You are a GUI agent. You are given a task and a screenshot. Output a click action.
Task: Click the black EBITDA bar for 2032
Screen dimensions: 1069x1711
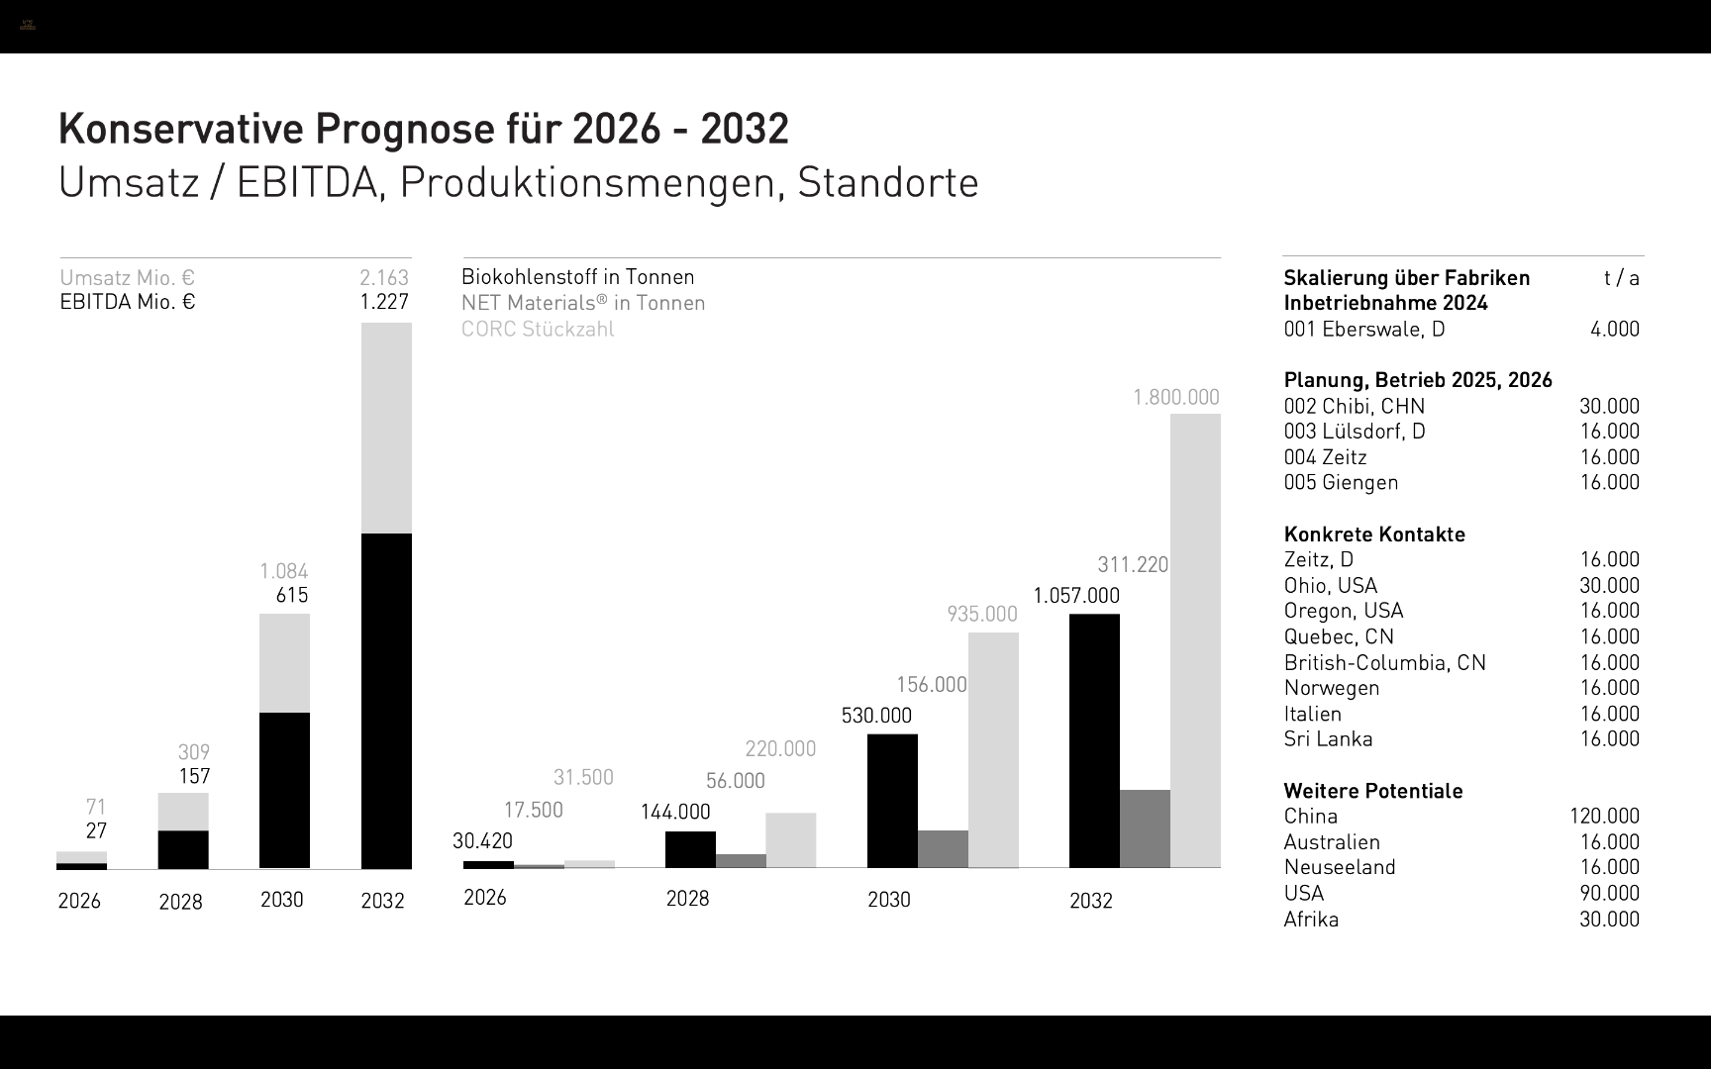[386, 701]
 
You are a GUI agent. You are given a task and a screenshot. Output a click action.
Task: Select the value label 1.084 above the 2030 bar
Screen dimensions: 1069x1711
[284, 571]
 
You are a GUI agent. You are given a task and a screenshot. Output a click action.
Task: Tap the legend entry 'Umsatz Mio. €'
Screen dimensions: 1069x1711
[128, 278]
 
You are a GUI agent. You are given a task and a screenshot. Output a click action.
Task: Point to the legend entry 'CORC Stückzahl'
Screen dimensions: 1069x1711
[538, 330]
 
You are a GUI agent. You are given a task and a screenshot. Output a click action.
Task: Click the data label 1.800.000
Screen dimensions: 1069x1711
[1176, 397]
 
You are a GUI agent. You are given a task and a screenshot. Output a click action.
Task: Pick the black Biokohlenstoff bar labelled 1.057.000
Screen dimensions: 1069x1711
[1094, 740]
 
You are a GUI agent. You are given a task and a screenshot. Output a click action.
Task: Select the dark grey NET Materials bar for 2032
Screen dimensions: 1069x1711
[1145, 828]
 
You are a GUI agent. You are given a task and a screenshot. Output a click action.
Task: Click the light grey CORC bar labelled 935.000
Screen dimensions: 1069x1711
[993, 749]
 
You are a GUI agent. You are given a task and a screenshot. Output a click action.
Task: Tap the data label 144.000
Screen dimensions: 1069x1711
[675, 813]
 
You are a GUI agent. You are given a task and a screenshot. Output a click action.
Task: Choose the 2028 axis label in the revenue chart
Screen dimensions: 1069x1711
[180, 902]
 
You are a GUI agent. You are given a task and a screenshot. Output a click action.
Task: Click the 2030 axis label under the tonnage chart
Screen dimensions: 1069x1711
[889, 900]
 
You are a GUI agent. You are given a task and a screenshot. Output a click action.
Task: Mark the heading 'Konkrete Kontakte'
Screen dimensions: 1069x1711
[1374, 534]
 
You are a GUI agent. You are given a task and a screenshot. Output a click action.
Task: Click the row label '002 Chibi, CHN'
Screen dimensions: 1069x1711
[1355, 406]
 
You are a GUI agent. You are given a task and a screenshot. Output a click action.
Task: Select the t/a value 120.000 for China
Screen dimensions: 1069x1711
[1604, 817]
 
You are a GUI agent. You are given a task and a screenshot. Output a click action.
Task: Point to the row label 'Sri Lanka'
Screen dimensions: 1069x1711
[1328, 739]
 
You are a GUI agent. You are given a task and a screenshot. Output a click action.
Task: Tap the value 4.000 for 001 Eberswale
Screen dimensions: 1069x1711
[1615, 329]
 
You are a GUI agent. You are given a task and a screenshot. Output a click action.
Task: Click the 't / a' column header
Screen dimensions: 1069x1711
[1622, 278]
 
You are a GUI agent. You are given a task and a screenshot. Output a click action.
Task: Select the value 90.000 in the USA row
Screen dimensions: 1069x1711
[1609, 893]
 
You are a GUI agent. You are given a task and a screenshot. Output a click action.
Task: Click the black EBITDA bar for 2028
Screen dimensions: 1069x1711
[183, 849]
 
